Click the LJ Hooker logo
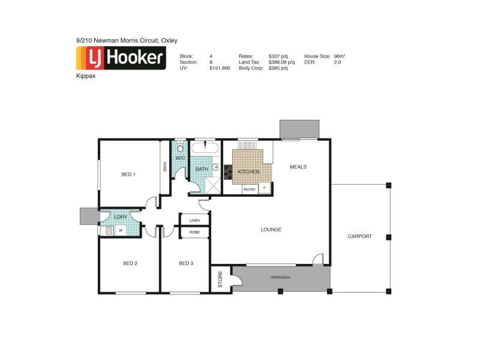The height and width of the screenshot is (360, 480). [x=121, y=58]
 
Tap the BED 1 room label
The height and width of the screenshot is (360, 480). [x=128, y=175]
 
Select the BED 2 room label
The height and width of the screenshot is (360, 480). [x=130, y=263]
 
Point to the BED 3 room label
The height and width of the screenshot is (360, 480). [x=186, y=263]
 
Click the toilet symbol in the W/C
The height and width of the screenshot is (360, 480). [x=181, y=146]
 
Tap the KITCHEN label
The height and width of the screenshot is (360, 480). [x=248, y=172]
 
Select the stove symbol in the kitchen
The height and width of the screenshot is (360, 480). [x=228, y=172]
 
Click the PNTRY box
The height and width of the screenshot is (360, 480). [x=250, y=190]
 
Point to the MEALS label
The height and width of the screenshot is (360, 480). [x=298, y=167]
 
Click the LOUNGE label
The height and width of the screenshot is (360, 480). [x=271, y=230]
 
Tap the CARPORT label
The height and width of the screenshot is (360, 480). [x=360, y=236]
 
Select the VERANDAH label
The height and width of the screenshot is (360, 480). [x=280, y=277]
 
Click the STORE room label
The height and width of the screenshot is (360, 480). [x=220, y=279]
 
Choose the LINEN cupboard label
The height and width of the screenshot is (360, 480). [x=194, y=221]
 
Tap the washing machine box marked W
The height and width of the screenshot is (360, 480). [x=121, y=230]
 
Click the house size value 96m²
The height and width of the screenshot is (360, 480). [x=339, y=56]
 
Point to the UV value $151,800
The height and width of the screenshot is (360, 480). [x=220, y=68]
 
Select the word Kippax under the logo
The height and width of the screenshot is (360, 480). [x=85, y=77]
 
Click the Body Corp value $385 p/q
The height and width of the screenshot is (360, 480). [x=278, y=68]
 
